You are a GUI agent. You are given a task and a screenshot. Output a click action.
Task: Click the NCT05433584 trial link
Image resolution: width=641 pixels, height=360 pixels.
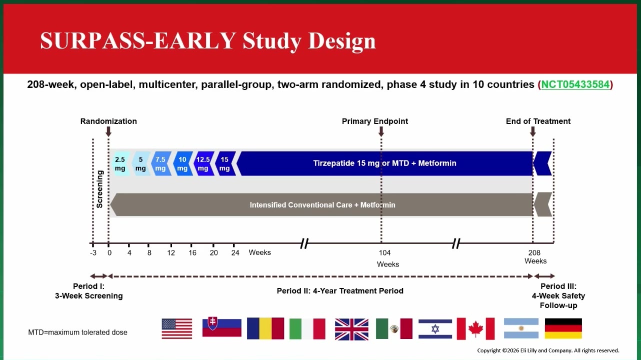(x=575, y=84)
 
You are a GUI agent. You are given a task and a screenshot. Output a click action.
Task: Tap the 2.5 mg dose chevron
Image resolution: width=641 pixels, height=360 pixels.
(x=120, y=163)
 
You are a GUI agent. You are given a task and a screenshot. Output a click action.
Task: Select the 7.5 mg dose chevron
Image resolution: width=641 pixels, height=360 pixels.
(x=161, y=163)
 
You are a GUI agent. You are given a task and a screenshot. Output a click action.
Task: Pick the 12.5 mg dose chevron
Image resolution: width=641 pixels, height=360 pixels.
(x=203, y=163)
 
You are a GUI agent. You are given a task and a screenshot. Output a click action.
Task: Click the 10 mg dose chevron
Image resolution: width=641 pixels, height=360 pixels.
(x=183, y=163)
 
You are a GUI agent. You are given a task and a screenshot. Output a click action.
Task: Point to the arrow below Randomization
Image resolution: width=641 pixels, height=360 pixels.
(x=108, y=131)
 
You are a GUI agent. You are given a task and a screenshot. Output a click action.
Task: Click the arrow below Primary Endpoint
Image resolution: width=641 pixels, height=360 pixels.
(x=381, y=131)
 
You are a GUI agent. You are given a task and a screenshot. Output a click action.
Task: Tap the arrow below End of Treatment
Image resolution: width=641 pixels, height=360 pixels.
(x=532, y=131)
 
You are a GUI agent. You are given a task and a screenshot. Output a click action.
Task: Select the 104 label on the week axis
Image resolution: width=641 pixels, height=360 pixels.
(x=384, y=253)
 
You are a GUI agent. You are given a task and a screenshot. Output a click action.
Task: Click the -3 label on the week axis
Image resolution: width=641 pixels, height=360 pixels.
(x=93, y=253)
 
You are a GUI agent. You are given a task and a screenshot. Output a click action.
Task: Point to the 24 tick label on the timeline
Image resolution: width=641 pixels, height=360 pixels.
(x=235, y=253)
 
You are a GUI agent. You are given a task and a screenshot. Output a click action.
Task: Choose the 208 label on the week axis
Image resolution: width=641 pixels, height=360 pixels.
(x=534, y=253)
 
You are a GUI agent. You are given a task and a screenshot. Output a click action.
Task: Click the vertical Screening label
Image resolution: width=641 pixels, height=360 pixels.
(x=99, y=189)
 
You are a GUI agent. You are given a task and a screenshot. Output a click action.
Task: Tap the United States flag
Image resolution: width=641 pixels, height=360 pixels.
(x=177, y=329)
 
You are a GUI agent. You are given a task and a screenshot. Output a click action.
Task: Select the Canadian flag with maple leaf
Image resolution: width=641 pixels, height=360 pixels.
(x=475, y=329)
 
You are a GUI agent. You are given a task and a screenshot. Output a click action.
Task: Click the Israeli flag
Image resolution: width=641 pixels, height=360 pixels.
(x=435, y=329)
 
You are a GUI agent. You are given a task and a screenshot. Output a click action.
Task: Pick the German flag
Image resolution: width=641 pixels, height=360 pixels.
(x=563, y=328)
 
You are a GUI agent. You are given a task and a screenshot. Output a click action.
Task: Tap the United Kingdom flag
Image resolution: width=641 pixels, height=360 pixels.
(x=351, y=329)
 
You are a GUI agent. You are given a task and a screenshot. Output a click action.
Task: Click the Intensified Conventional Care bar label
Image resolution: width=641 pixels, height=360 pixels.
(x=322, y=205)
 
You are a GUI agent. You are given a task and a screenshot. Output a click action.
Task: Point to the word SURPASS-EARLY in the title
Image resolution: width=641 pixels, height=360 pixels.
(x=138, y=40)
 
